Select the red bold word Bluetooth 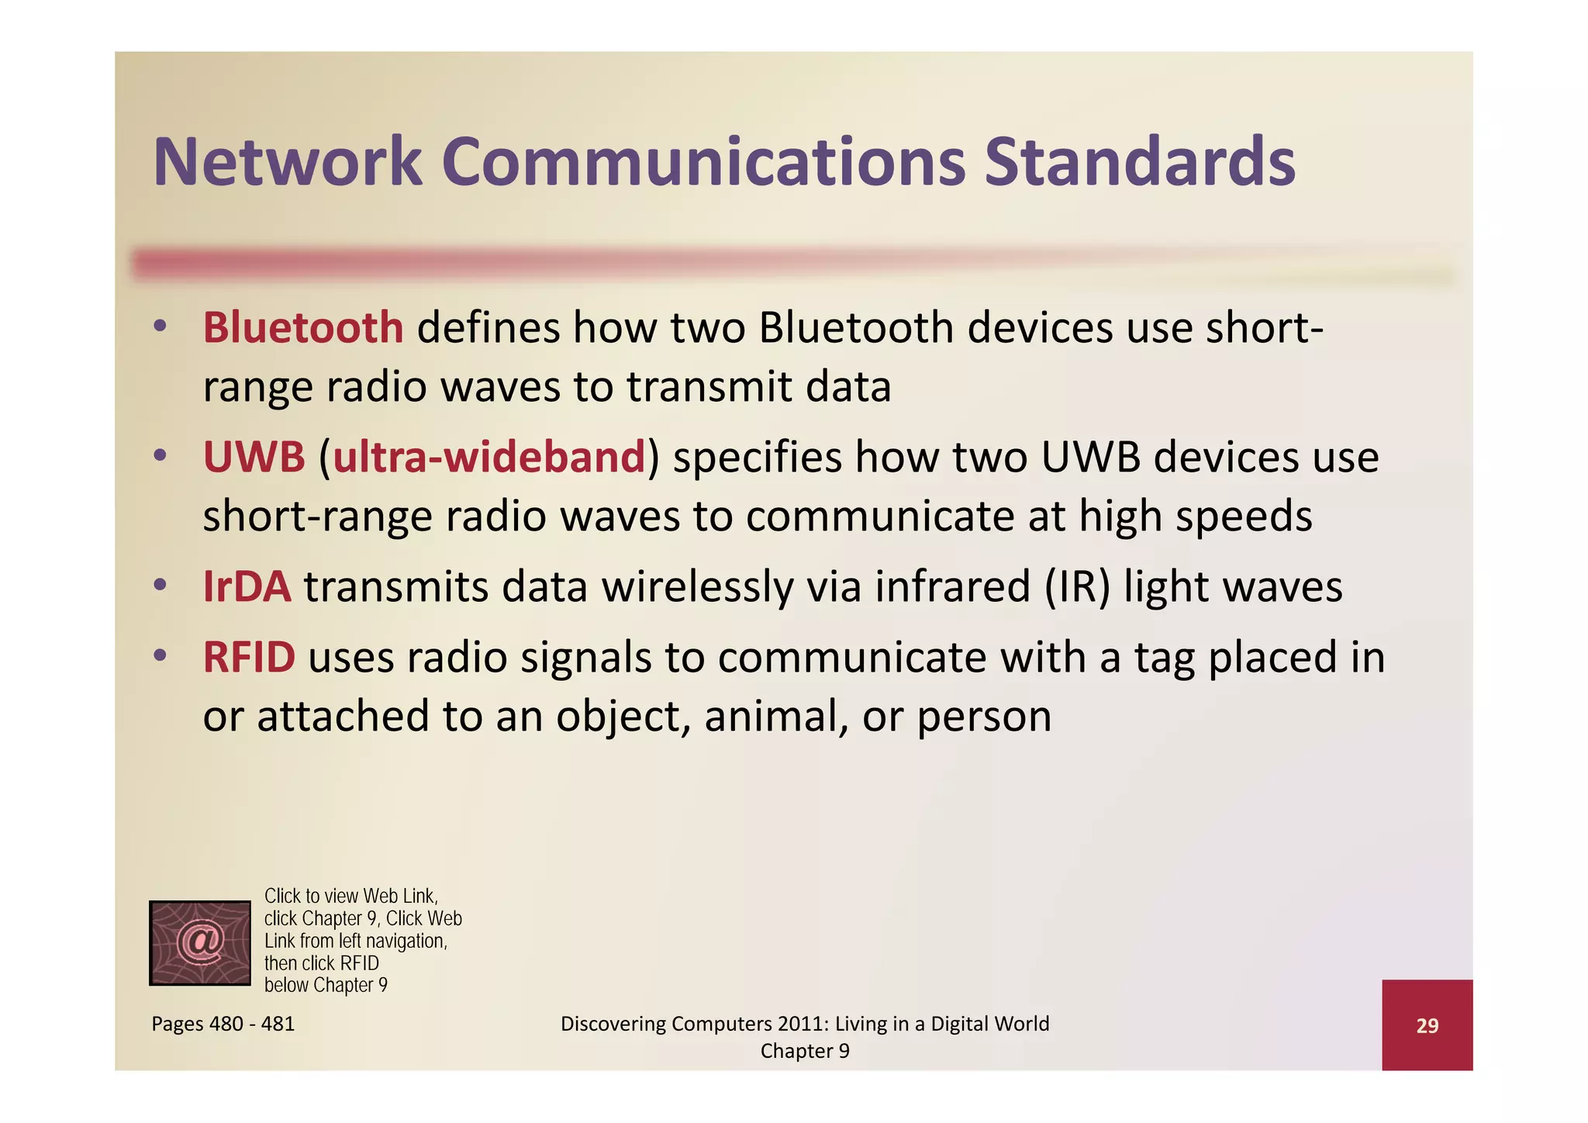click(303, 327)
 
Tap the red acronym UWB click(254, 457)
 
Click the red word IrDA click(247, 586)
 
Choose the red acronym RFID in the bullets click(249, 657)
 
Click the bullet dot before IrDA click(160, 585)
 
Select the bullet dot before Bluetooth click(160, 326)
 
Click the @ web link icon click(200, 943)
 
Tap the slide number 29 click(1427, 1025)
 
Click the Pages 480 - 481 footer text click(223, 1024)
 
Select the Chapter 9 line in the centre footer click(805, 1051)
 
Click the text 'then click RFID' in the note click(322, 963)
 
